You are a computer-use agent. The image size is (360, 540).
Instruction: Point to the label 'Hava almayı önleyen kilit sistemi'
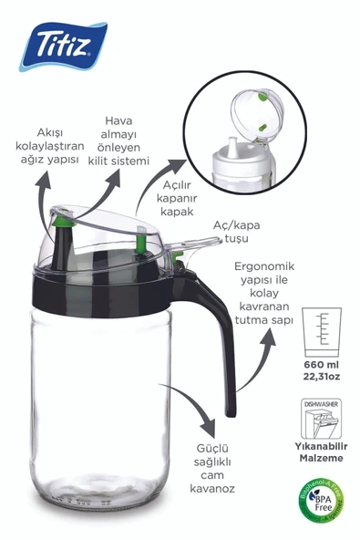(x=127, y=140)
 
